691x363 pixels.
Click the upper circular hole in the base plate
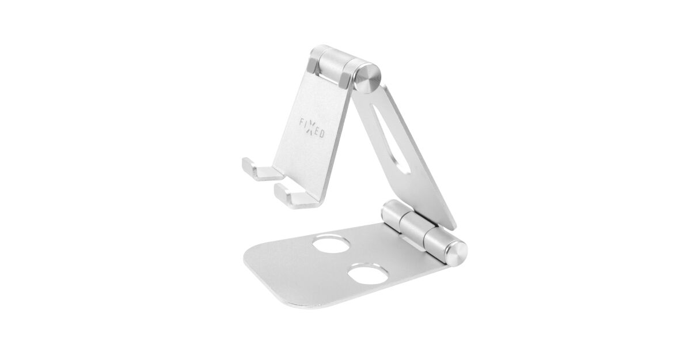coord(331,244)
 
